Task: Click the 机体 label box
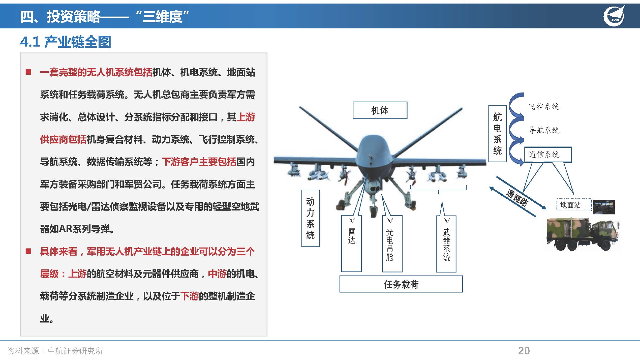[380, 110]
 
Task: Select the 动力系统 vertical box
[310, 218]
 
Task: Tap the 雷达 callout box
[352, 243]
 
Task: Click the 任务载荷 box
[401, 284]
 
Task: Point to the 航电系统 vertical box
[497, 134]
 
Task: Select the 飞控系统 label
[543, 107]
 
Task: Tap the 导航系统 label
[544, 130]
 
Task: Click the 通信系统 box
[547, 154]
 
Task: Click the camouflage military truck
[582, 234]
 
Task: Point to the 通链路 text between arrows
[517, 198]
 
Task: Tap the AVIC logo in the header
[614, 16]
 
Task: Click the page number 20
[524, 351]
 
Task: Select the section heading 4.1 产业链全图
[66, 42]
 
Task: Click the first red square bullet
[28, 72]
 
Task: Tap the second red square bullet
[28, 251]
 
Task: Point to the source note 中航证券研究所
[75, 351]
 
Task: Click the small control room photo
[603, 207]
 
